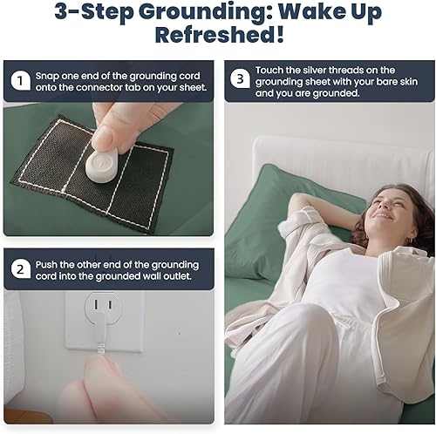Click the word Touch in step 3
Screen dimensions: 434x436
coord(271,69)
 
